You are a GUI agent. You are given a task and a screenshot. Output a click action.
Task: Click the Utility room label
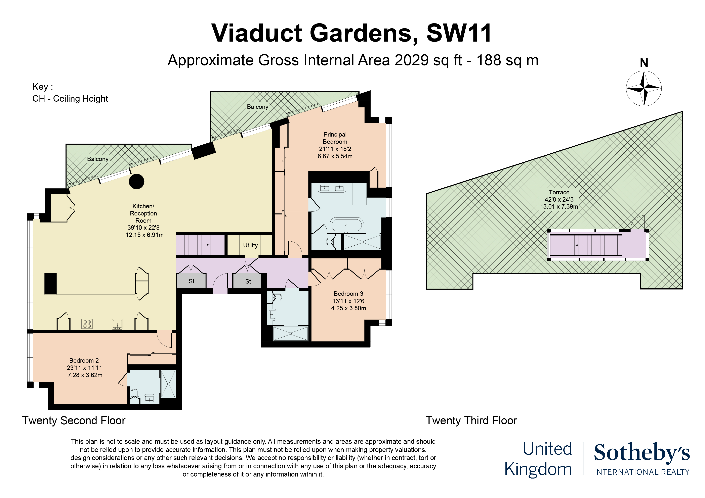tap(250, 245)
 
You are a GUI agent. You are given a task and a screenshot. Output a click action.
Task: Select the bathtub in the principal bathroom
tap(346, 226)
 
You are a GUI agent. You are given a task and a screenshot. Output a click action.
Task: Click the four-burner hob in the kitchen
tap(87, 324)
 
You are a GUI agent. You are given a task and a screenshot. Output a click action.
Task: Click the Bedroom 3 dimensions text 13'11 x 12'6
tap(348, 301)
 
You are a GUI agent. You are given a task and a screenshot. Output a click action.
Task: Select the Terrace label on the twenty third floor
tap(559, 192)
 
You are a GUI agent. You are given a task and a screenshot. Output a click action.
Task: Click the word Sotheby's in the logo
tap(642, 453)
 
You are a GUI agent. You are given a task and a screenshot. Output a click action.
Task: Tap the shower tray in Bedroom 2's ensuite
tap(168, 384)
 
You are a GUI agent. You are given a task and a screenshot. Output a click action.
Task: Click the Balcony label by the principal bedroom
tap(258, 107)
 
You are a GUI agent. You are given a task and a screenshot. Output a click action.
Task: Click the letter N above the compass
tap(644, 63)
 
